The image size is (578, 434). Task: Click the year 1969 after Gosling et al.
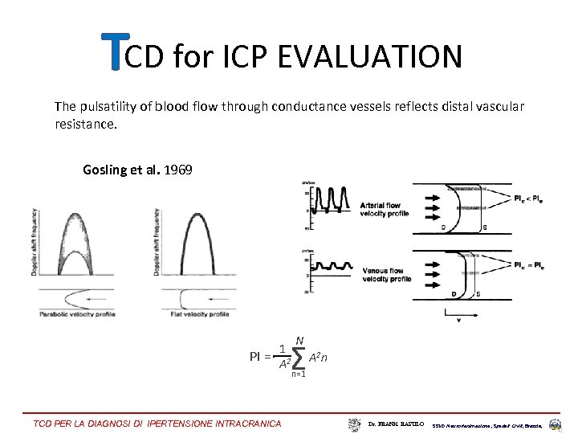pos(178,170)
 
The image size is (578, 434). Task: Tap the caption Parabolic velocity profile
pos(77,314)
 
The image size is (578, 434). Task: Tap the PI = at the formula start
pos(260,356)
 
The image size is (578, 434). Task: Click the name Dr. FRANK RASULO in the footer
pos(396,423)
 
